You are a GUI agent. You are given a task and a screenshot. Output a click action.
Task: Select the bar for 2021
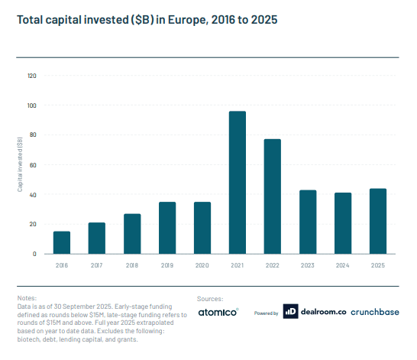[x=238, y=183]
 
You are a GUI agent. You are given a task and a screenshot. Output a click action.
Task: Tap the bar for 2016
[x=62, y=242]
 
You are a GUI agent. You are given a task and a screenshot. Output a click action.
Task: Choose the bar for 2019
[x=167, y=228]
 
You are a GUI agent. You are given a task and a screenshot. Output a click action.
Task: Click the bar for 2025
[x=378, y=221]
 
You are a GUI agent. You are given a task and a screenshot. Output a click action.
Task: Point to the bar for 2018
[x=132, y=234]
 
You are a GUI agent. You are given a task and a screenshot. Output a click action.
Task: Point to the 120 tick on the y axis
[x=31, y=76]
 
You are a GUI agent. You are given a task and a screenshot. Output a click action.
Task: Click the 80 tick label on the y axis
[x=33, y=135]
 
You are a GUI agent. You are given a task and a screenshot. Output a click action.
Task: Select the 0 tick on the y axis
[x=34, y=254]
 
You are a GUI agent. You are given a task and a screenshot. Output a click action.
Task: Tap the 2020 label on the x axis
[x=202, y=265]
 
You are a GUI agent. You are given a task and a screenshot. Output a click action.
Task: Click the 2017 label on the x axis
[x=97, y=265]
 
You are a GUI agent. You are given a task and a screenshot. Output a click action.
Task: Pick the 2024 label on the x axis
[x=343, y=265]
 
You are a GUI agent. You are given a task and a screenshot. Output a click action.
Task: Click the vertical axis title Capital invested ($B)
[x=21, y=165]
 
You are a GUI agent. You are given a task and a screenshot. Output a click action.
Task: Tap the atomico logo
[x=218, y=312]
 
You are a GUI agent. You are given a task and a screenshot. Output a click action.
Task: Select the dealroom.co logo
[x=313, y=312]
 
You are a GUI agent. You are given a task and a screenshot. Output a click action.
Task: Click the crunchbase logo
[x=377, y=312]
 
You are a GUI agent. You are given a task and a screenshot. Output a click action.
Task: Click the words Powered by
[x=266, y=313]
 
